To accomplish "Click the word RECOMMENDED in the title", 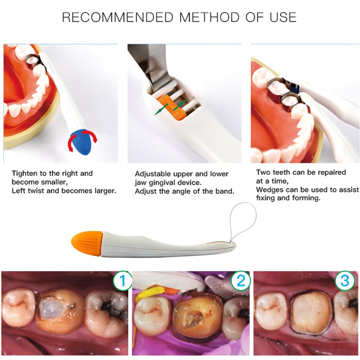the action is [118, 17].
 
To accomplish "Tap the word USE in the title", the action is [283, 17].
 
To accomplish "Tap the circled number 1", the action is [123, 281].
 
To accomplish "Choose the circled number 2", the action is [240, 281].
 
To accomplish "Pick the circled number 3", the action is [345, 281].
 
